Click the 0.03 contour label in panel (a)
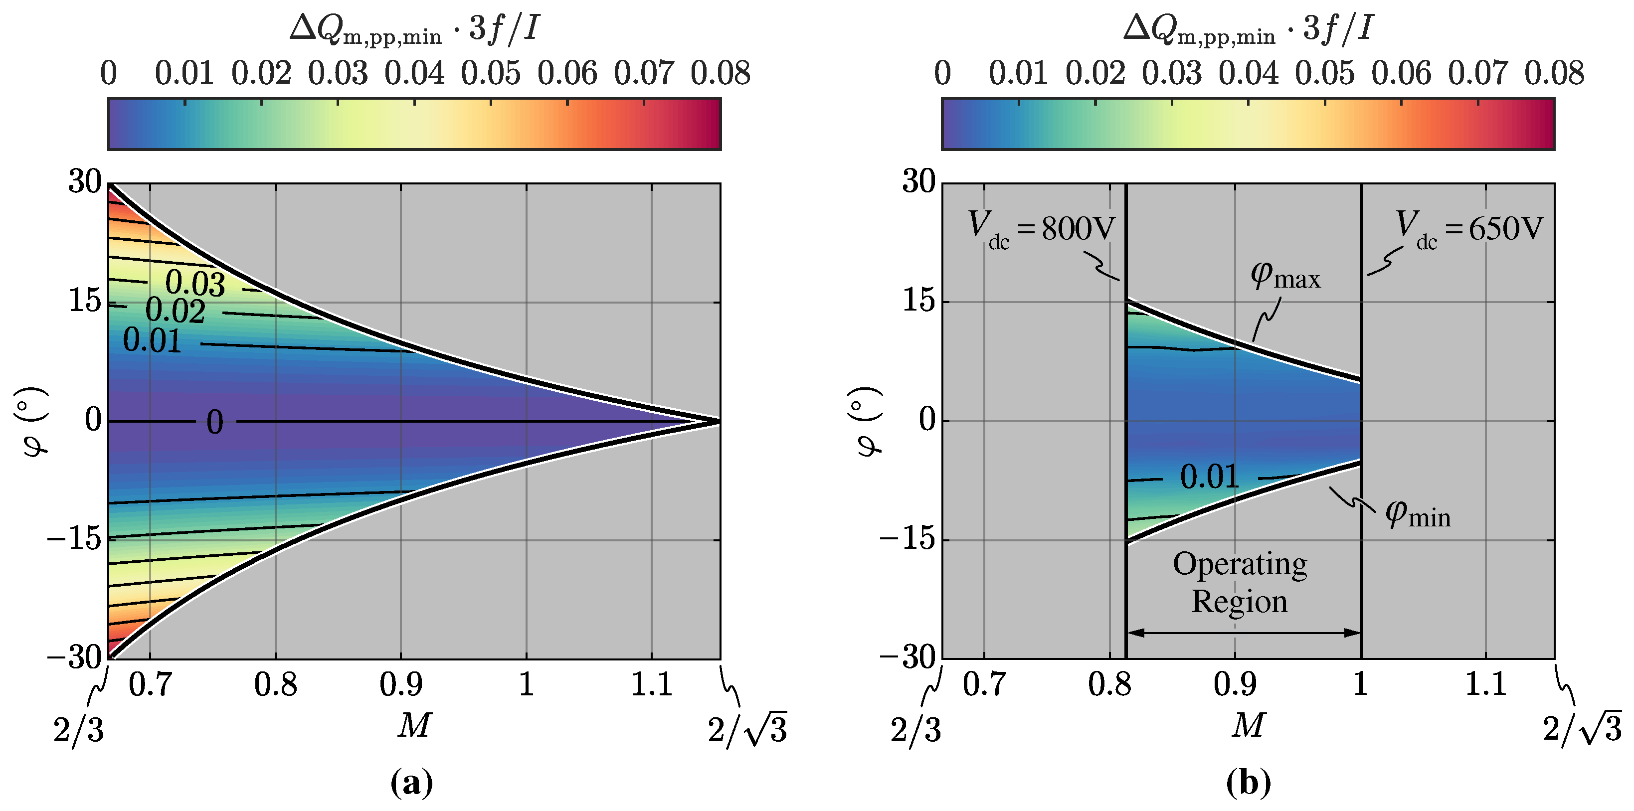(x=195, y=284)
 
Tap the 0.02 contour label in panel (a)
(x=175, y=311)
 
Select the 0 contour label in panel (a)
(x=214, y=422)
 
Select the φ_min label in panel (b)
(x=1417, y=513)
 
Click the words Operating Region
(x=1240, y=582)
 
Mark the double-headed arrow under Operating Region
(x=1243, y=632)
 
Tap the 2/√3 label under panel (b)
(x=1581, y=730)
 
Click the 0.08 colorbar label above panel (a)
(x=720, y=74)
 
